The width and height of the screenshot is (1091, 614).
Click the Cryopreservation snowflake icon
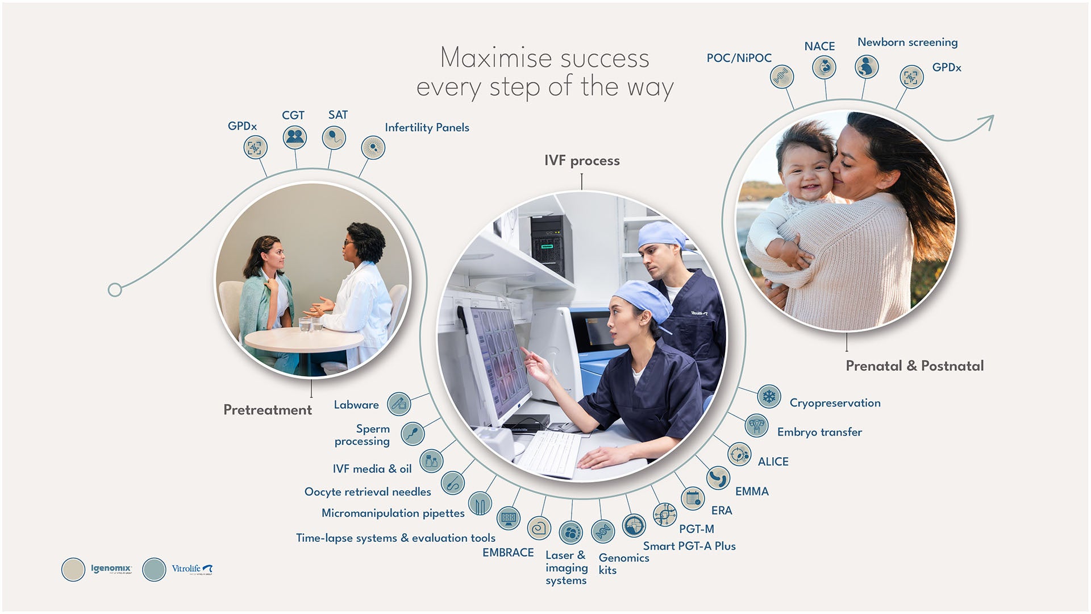769,396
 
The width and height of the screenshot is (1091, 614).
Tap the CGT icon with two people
295,137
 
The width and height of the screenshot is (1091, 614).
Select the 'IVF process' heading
582,161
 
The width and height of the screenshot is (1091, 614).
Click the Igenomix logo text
111,569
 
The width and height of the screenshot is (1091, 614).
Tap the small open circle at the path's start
115,290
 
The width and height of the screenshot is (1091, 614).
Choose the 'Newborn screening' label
907,43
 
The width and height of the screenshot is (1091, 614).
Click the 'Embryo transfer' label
819,432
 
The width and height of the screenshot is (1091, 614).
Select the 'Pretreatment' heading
267,410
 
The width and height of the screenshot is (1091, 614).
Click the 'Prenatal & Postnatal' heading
914,366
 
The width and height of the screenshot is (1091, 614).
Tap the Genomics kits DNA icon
603,532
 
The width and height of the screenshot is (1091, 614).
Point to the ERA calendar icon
693,499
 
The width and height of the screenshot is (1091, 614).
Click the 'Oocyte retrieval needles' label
368,492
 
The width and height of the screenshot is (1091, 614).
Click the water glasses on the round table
310,325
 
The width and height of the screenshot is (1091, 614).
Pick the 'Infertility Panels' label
427,128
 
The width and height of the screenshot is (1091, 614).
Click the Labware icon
399,404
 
